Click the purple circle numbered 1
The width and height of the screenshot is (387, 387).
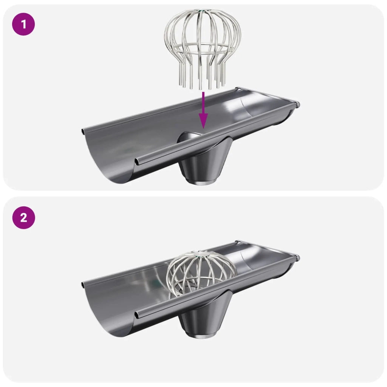click(23, 24)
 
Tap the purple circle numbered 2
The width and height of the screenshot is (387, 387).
click(24, 218)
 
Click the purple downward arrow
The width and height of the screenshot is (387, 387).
click(203, 110)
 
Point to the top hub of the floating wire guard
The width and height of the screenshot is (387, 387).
click(203, 11)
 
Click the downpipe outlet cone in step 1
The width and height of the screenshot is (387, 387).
click(205, 160)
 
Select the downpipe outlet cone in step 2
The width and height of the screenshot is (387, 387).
click(205, 313)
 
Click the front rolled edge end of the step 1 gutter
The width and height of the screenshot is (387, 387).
click(137, 162)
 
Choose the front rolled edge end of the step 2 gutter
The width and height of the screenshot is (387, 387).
click(137, 315)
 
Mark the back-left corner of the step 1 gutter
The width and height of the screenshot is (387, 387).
click(83, 132)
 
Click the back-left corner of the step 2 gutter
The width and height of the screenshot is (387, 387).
click(83, 285)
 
